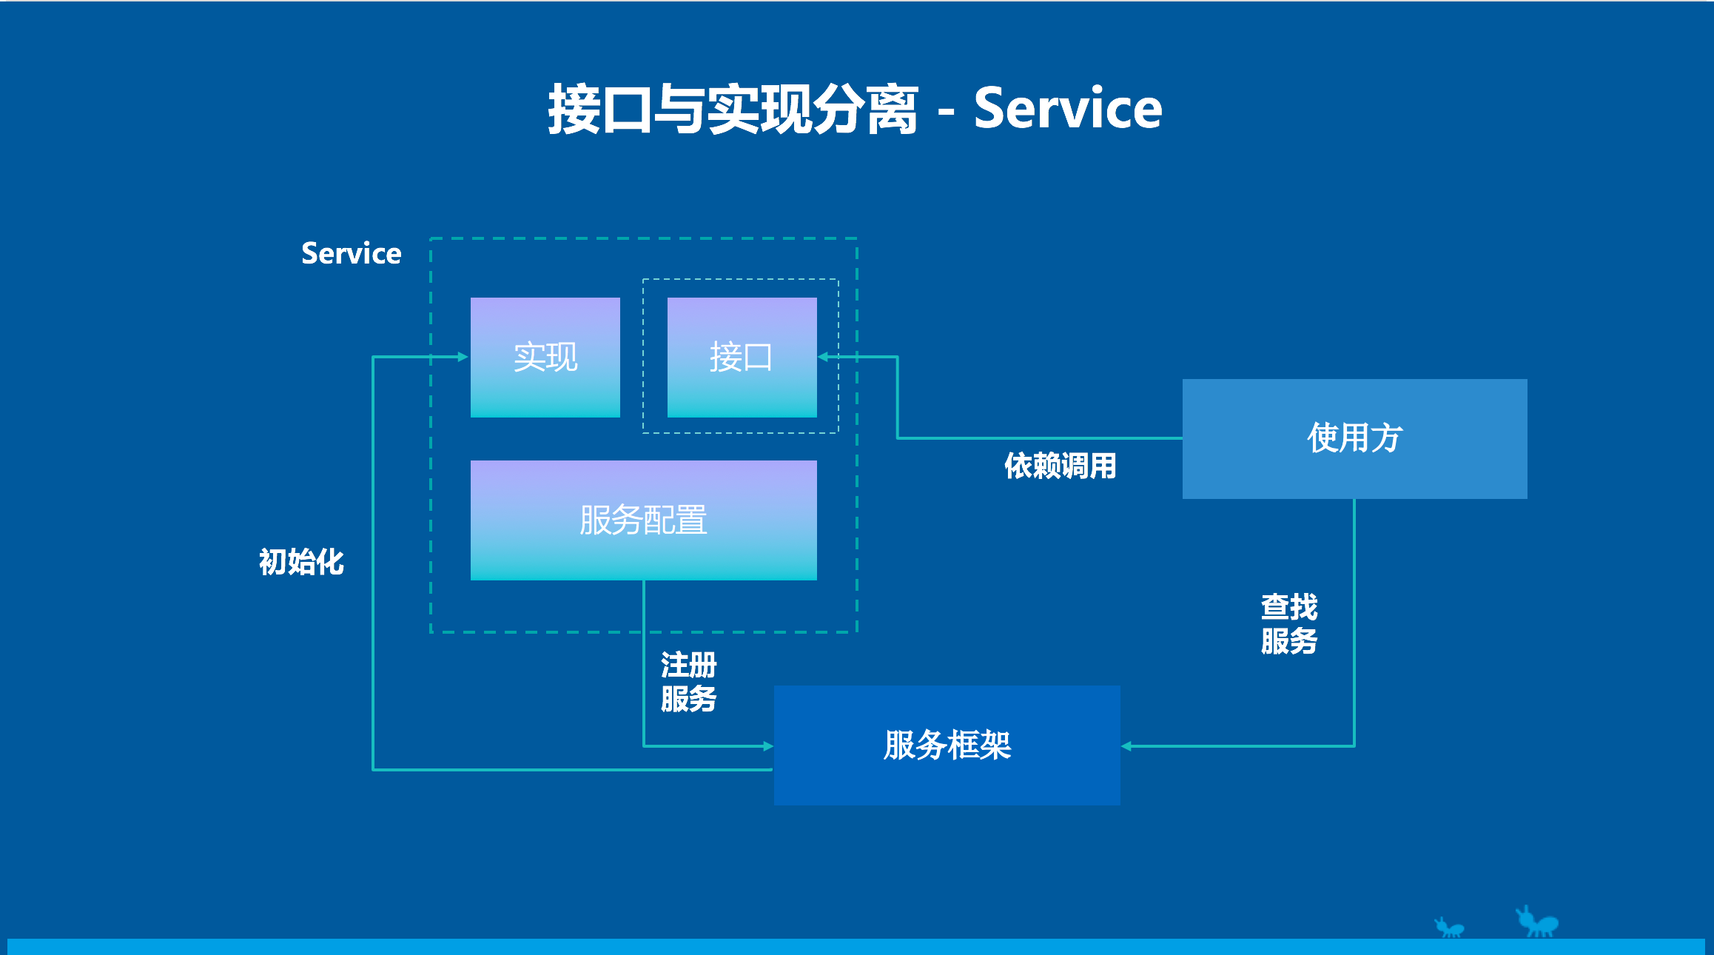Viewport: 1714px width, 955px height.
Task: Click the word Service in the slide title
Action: tap(1067, 109)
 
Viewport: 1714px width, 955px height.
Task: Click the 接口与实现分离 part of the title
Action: tap(733, 110)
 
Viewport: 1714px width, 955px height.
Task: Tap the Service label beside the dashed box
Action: tap(351, 253)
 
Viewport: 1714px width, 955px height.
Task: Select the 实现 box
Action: tap(545, 357)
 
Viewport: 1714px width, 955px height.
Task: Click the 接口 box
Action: tap(742, 357)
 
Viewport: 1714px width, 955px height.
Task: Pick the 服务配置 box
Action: tap(643, 520)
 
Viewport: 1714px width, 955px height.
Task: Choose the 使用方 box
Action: tap(1354, 438)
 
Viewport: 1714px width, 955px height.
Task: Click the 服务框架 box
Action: tap(947, 745)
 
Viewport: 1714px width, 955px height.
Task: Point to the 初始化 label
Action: tap(301, 562)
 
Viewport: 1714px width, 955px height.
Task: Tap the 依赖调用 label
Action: tap(1060, 466)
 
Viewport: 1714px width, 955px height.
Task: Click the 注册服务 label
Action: tap(688, 682)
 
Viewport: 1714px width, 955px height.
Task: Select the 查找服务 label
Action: tap(1289, 623)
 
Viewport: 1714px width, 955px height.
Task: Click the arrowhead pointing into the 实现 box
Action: tap(463, 357)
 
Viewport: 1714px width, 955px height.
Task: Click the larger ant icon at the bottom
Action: tap(1537, 922)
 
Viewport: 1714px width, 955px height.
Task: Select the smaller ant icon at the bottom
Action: tap(1449, 928)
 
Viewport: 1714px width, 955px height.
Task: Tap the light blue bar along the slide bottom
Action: tap(857, 947)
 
